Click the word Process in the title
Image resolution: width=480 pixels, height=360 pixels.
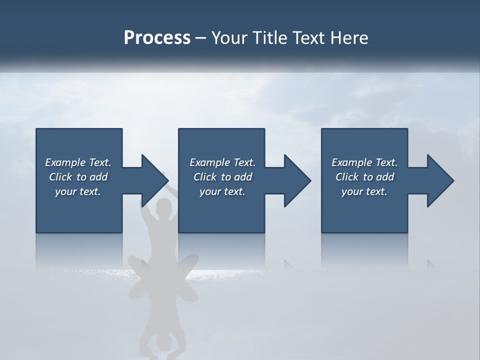click(157, 38)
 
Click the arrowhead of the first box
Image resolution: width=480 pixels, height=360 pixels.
click(150, 180)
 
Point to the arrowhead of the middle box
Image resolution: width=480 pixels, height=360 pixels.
click(295, 180)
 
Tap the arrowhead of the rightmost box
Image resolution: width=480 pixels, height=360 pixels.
click(438, 180)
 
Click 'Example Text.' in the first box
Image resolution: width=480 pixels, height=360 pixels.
click(78, 162)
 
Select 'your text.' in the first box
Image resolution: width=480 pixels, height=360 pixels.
click(78, 191)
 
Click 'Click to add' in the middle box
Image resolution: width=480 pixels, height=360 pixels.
click(222, 177)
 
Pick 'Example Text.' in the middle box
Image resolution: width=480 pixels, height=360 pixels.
click(222, 162)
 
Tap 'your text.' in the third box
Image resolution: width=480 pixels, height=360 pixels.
click(364, 191)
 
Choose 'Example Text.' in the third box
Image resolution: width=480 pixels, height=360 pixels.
click(364, 162)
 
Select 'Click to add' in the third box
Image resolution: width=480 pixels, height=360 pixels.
click(364, 177)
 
